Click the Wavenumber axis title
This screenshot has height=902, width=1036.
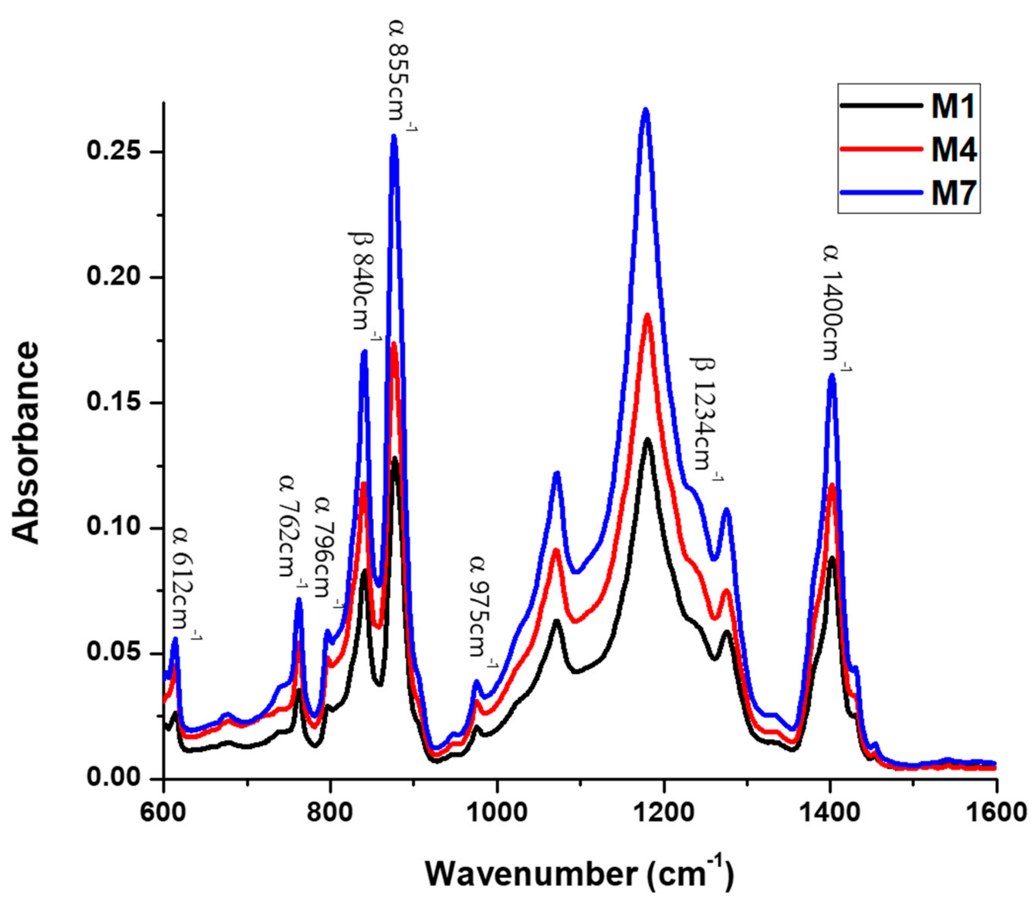579,873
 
